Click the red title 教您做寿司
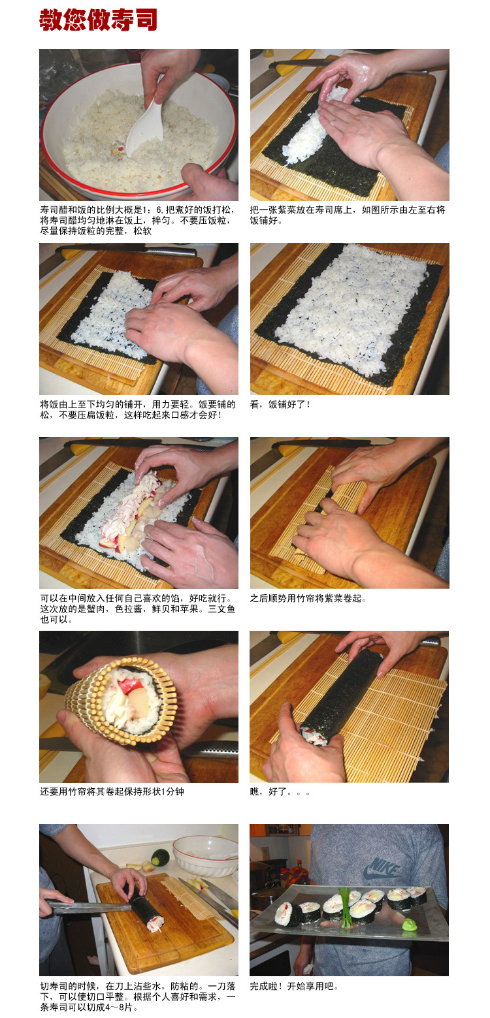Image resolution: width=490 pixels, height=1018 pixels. coord(98,20)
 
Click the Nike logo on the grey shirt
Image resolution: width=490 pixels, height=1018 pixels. coord(382,868)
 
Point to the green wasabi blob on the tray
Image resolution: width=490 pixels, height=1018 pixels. coord(409,924)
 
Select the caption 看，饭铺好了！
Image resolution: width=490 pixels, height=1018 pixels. coord(281,405)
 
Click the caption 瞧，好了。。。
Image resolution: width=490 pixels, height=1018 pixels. coord(280,792)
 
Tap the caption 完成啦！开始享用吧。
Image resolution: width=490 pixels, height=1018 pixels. coord(295,986)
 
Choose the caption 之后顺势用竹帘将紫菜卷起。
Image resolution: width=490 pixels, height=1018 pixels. coord(308,598)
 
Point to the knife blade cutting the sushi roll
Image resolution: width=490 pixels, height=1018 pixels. coord(91,906)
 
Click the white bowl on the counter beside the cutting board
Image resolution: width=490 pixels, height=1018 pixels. coord(204,855)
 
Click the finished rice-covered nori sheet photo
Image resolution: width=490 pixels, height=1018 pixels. coord(350,319)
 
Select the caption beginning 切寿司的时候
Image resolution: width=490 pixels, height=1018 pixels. coord(138,996)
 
